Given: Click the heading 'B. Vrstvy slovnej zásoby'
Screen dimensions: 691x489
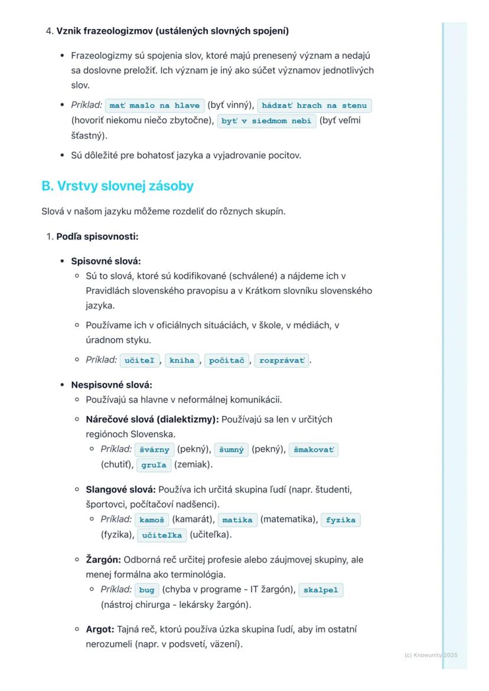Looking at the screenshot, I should tap(118, 186).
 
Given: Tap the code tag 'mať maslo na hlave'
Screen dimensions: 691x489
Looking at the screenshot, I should tap(155, 106).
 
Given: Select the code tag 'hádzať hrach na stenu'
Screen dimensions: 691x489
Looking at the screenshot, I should tap(314, 106).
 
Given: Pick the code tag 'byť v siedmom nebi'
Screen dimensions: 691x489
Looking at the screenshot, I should tap(267, 121).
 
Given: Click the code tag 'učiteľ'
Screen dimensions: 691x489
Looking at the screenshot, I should tap(139, 360).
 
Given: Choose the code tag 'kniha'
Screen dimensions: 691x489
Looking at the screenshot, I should tap(182, 360).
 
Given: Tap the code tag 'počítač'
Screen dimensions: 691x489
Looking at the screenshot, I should tap(228, 360).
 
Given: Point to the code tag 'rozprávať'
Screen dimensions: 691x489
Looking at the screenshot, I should tap(282, 360).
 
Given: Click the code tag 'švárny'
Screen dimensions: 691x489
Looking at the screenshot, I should tap(155, 450).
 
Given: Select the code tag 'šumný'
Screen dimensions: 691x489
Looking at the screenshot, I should tap(231, 450).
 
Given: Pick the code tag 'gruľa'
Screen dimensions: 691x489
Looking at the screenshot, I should tap(154, 465).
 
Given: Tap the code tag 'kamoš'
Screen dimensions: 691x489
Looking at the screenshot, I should tap(151, 520).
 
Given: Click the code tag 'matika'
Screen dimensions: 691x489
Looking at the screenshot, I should tap(237, 520).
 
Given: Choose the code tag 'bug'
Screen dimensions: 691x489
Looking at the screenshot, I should tap(146, 590).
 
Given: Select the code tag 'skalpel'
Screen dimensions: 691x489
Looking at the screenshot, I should tap(321, 590).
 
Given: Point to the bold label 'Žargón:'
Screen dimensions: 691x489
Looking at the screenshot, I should tap(103, 559).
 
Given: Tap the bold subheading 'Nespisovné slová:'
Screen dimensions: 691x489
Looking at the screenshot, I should tap(112, 385).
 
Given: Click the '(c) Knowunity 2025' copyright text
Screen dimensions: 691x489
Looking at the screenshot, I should tap(431, 655).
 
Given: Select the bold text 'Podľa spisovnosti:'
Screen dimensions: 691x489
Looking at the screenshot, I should tap(97, 237).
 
